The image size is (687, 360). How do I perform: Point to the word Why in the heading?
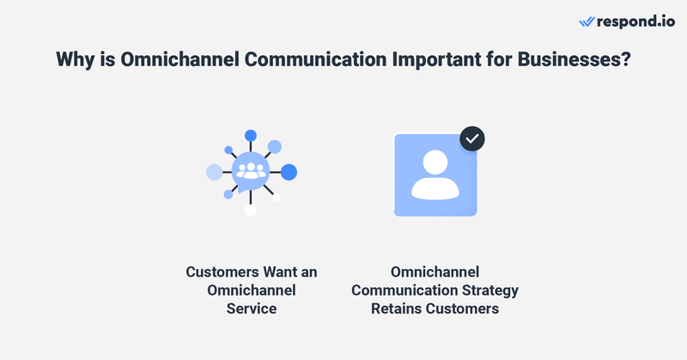pos(75,60)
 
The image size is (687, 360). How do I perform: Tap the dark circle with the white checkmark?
pos(472,138)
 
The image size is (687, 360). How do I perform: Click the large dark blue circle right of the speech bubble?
pos(289,172)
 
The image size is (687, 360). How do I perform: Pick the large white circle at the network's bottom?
pos(251,211)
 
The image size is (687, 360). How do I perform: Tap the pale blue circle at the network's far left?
pos(214,172)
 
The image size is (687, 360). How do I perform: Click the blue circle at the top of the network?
pos(251,135)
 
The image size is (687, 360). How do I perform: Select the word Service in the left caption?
pos(252,308)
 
